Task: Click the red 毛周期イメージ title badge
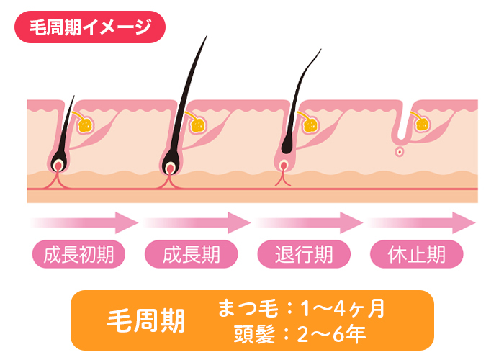[90, 28]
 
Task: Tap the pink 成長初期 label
[78, 254]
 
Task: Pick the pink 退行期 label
[304, 254]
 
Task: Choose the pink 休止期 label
[416, 254]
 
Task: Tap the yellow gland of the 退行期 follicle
[311, 125]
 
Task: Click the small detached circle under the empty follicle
[398, 152]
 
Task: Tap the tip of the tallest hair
[205, 37]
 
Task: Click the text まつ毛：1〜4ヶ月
[301, 309]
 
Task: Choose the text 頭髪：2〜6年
[300, 333]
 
